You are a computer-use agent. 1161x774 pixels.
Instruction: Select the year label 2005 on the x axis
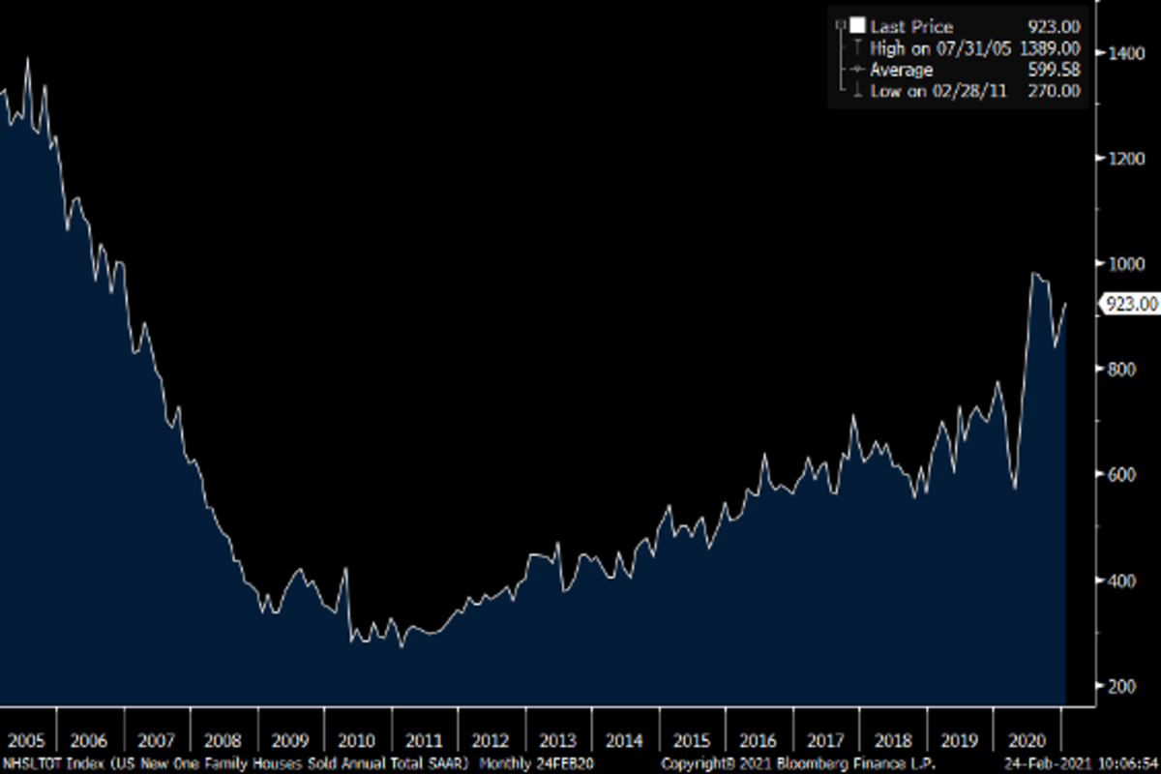pyautogui.click(x=26, y=741)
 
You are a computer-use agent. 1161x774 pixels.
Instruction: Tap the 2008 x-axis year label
pyautogui.click(x=223, y=741)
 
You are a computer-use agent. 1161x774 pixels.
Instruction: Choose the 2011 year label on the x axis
pyautogui.click(x=424, y=741)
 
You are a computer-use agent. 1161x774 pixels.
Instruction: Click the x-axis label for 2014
pyautogui.click(x=625, y=741)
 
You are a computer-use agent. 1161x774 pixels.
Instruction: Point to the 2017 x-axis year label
pyautogui.click(x=825, y=741)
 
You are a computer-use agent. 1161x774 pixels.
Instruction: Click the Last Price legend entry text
pyautogui.click(x=911, y=27)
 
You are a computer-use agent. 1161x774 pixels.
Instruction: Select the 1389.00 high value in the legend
pyautogui.click(x=1049, y=48)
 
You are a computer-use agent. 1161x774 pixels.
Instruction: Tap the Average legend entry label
pyautogui.click(x=901, y=70)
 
